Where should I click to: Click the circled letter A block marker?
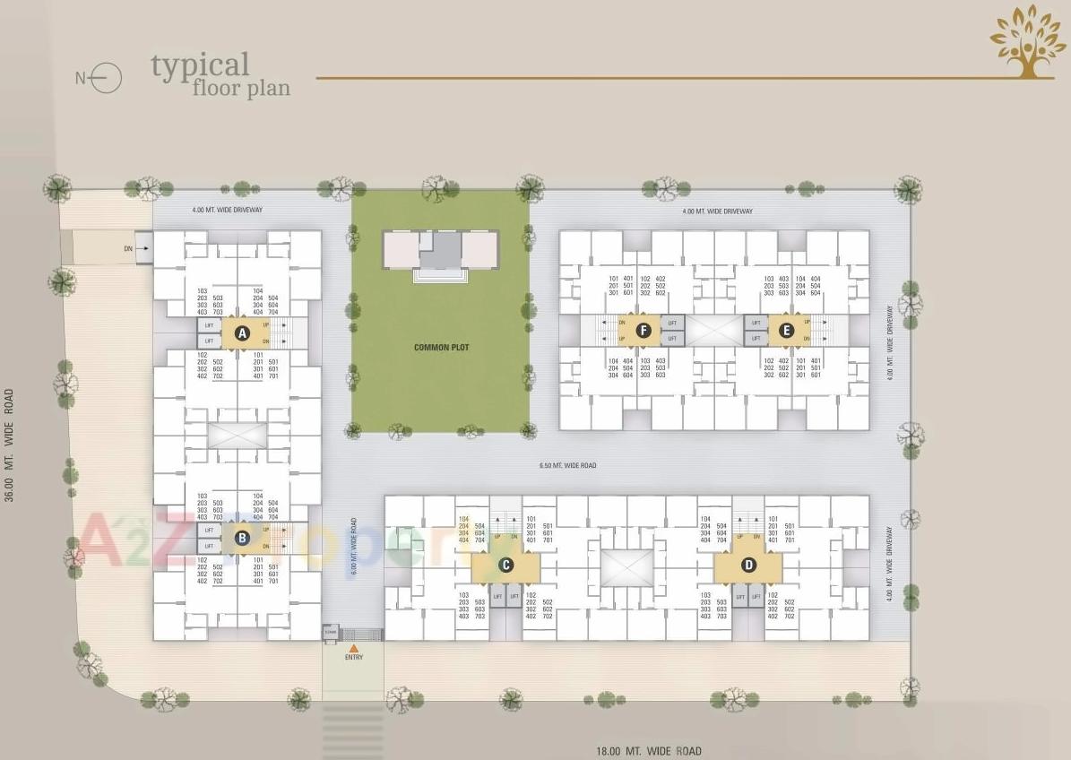(x=241, y=334)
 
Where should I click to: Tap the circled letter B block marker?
(x=241, y=539)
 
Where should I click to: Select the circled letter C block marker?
(x=505, y=565)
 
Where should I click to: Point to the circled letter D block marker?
(x=747, y=565)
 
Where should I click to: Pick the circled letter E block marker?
(x=786, y=331)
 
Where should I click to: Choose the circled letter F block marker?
(x=643, y=331)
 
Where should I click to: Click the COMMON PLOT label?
(x=441, y=348)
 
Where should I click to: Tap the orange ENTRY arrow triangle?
(x=354, y=648)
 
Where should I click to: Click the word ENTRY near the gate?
(x=354, y=658)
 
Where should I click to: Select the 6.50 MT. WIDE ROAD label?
(x=567, y=466)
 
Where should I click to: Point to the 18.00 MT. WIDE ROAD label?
(x=649, y=751)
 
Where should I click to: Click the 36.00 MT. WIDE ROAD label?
(x=10, y=445)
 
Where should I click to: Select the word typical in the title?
(x=200, y=65)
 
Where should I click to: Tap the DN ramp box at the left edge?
(x=143, y=248)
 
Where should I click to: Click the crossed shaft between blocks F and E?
(x=714, y=331)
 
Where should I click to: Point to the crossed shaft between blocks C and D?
(x=626, y=566)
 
